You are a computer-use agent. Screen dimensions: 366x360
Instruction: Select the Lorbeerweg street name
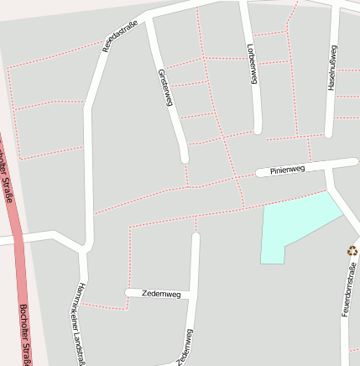click(251, 64)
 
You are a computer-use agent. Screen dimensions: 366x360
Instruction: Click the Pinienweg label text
click(287, 170)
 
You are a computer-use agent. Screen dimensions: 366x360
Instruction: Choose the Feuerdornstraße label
click(349, 290)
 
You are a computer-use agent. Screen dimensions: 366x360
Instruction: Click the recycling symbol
click(352, 250)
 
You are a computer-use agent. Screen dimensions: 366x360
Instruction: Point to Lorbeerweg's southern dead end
click(258, 129)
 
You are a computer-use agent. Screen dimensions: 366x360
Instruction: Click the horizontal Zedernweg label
click(162, 294)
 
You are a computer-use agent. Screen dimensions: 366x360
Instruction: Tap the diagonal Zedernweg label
click(184, 348)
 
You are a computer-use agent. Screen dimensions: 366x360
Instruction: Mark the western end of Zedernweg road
click(128, 292)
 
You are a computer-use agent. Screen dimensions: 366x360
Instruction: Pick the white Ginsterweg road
click(175, 118)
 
